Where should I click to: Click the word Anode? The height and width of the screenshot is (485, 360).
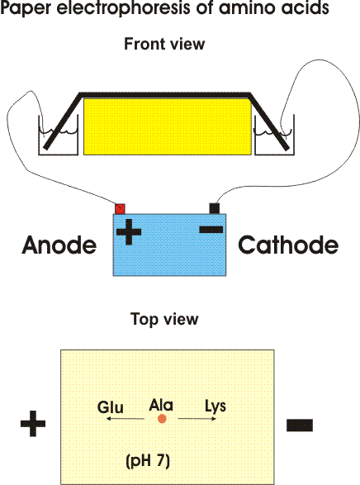[x=59, y=245]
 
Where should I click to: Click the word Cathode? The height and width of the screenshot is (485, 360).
[x=288, y=245]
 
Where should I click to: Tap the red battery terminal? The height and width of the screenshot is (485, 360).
[x=120, y=209]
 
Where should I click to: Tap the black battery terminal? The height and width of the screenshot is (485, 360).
[x=215, y=208]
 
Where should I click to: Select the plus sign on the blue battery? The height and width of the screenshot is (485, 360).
[x=129, y=231]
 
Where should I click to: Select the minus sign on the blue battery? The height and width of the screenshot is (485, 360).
[x=211, y=230]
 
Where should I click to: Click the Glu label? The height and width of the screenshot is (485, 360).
[x=111, y=407]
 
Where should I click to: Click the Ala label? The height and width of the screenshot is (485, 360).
[x=161, y=405]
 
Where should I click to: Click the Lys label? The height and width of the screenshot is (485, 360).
[x=216, y=407]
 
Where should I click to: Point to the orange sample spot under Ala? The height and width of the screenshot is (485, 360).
[x=162, y=419]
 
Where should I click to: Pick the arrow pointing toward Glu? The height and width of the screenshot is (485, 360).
[x=126, y=419]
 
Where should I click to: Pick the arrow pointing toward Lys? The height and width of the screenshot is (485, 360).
[x=197, y=419]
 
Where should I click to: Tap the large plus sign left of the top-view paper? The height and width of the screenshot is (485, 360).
[x=33, y=424]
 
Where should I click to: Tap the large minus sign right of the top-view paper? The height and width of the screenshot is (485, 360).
[x=300, y=425]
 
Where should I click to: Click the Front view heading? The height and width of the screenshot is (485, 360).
[x=164, y=44]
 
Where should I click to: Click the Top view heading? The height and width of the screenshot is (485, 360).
[x=164, y=319]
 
